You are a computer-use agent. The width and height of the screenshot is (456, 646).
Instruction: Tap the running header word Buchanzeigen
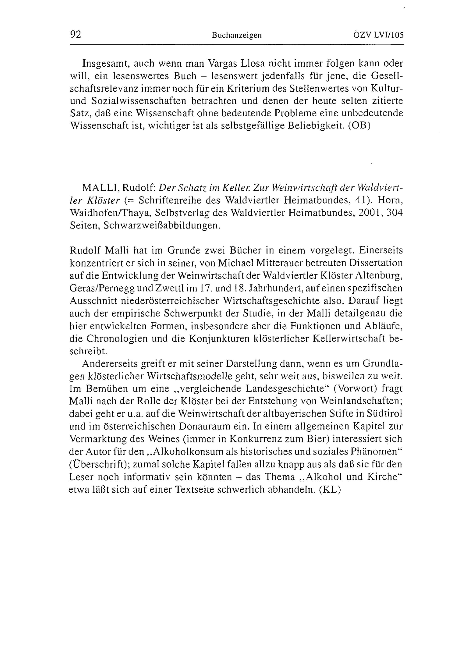click(237, 35)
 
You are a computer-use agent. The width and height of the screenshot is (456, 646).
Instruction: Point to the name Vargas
click(223, 64)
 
